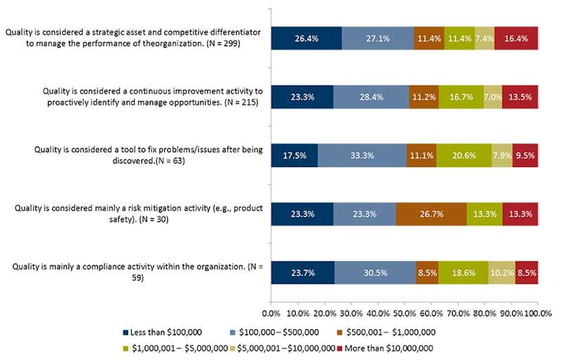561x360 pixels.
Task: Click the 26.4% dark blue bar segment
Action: click(x=306, y=38)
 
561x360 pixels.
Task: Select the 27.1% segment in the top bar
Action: click(x=377, y=38)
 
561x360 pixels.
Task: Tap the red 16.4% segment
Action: click(x=516, y=38)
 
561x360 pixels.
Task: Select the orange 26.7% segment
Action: click(x=431, y=214)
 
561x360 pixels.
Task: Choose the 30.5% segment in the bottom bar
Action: click(x=375, y=273)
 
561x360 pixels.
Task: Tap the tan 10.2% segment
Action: click(x=501, y=273)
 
